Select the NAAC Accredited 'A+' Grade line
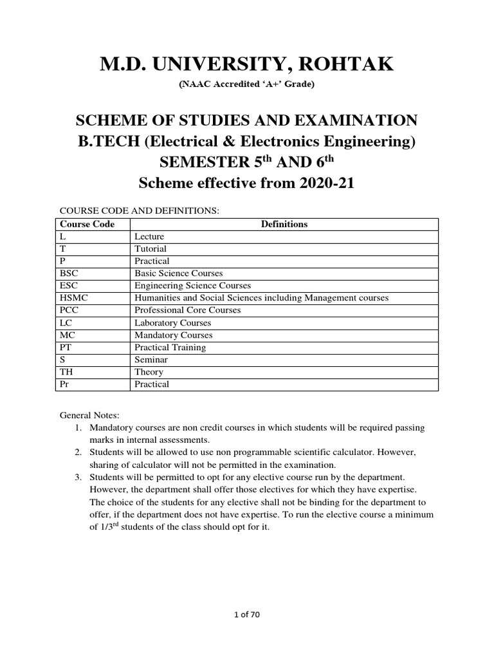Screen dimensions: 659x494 246,84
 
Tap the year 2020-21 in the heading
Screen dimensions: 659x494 320,183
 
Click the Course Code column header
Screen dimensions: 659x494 87,224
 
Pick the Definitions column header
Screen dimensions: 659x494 284,224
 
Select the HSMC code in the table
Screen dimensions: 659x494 71,298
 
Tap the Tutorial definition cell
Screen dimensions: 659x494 150,248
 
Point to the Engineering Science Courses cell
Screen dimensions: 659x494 192,286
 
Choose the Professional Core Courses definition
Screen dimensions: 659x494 187,310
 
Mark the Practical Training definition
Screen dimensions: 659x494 170,348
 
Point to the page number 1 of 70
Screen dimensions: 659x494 246,615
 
